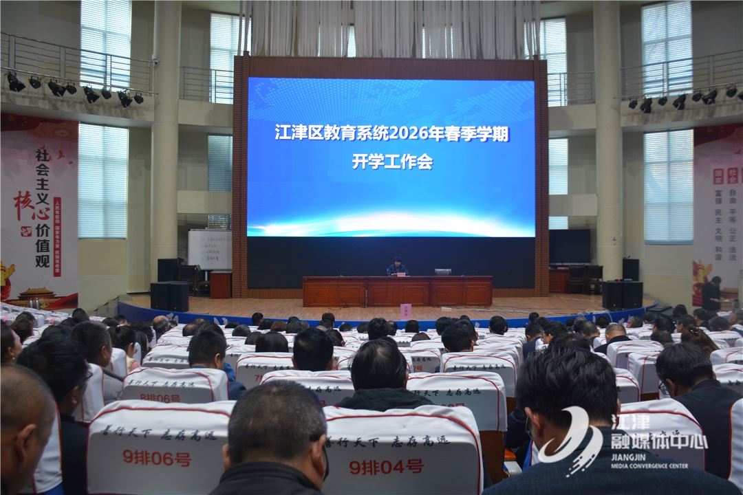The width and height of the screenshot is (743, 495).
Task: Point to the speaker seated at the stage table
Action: [x=396, y=267]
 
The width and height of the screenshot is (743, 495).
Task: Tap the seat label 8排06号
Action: [x=160, y=397]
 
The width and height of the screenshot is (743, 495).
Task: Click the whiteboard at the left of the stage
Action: [x=210, y=249]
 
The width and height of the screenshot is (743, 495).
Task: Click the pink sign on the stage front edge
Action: [x=405, y=310]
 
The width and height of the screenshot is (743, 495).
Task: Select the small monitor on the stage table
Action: [x=442, y=272]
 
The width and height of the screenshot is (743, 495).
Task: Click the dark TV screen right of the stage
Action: [x=569, y=246]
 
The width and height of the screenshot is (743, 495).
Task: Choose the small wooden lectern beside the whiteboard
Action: [x=221, y=285]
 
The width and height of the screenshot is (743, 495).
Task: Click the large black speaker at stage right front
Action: [x=622, y=295]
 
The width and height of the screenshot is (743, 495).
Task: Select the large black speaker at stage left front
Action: [x=169, y=296]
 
